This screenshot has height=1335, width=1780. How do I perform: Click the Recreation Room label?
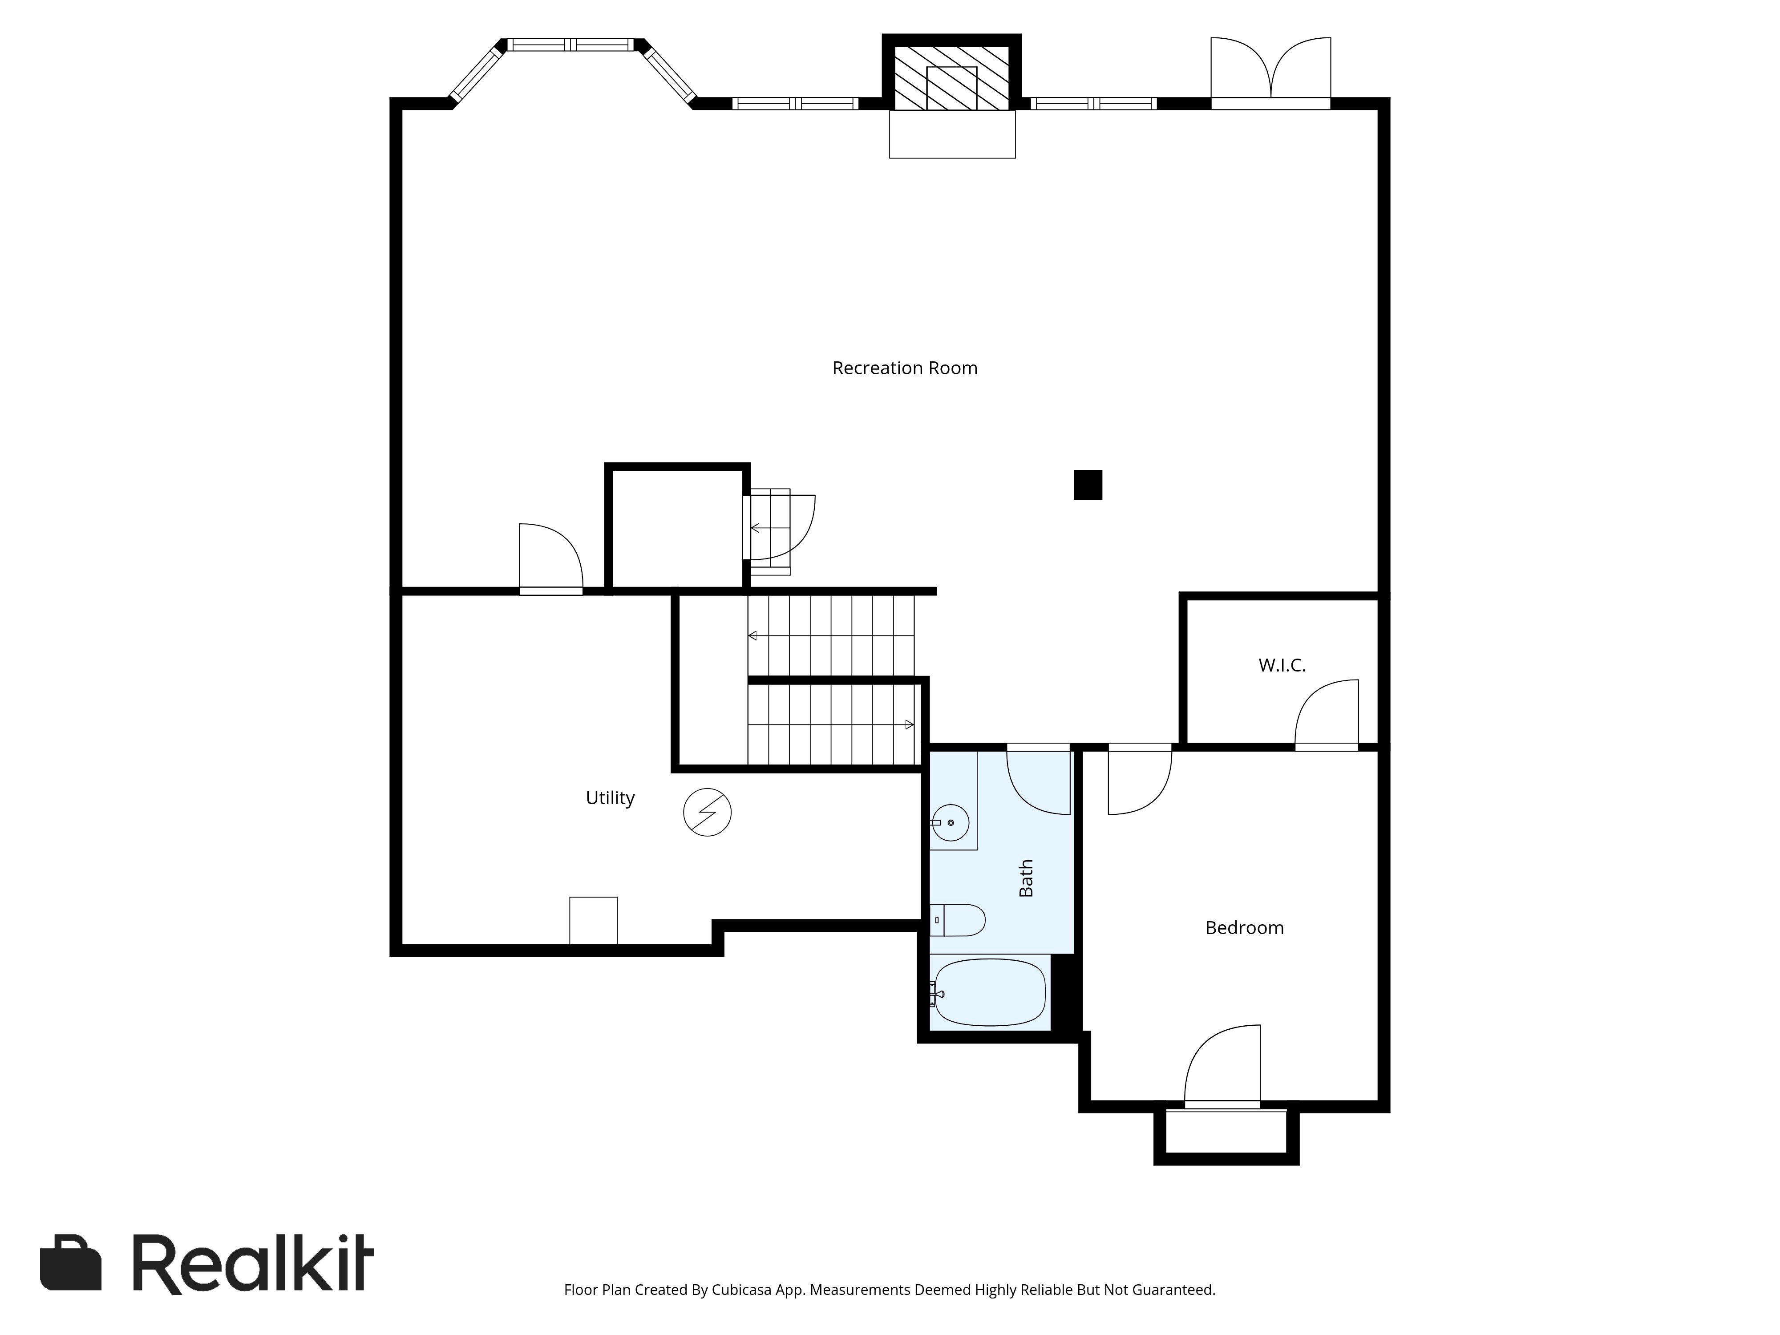pos(905,368)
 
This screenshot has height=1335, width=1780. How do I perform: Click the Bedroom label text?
pos(1244,928)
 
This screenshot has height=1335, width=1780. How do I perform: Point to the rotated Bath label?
pos(1026,878)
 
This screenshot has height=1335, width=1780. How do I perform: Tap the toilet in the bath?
pos(960,920)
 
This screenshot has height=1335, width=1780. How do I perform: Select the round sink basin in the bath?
pos(951,822)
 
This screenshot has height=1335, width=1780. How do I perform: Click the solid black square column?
pos(1088,485)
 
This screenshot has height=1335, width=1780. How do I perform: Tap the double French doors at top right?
pos(1270,73)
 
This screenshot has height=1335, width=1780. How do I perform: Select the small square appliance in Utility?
pos(593,920)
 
